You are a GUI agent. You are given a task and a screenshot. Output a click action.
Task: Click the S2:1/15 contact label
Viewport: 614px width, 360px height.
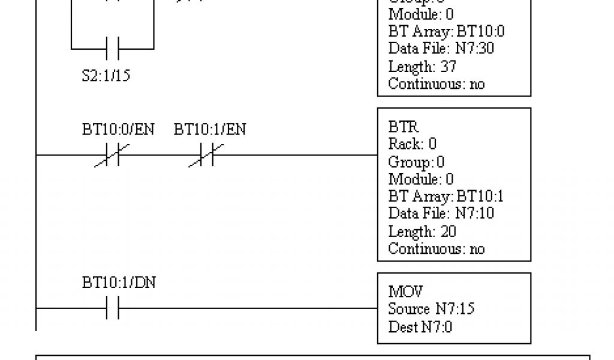pyautogui.click(x=106, y=76)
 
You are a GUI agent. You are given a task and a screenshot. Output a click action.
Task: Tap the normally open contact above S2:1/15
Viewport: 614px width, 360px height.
pyautogui.click(x=112, y=47)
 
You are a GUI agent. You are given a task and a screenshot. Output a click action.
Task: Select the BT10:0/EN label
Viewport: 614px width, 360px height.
pyautogui.click(x=118, y=130)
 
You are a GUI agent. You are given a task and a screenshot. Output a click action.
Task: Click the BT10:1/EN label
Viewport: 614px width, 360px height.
pyautogui.click(x=210, y=130)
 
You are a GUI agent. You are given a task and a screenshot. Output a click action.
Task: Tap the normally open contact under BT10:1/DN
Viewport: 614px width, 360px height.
pyautogui.click(x=112, y=308)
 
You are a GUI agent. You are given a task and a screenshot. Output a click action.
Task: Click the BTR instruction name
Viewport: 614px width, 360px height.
pyautogui.click(x=404, y=127)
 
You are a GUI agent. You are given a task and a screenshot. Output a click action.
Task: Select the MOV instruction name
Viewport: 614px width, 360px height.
pyautogui.click(x=405, y=292)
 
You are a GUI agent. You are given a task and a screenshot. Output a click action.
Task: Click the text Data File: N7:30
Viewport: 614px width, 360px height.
pyautogui.click(x=441, y=48)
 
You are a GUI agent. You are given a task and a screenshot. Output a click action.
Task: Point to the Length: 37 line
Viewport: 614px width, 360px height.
pyautogui.click(x=422, y=66)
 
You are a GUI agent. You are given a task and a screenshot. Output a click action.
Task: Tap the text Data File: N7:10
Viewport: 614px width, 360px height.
pyautogui.click(x=441, y=213)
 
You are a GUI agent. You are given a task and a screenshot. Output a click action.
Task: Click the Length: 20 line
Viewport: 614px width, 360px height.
pyautogui.click(x=422, y=231)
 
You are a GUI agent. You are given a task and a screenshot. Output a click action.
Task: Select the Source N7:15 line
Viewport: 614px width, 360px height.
pyautogui.click(x=432, y=310)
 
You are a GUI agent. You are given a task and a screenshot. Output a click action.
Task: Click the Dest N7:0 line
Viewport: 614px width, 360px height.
pyautogui.click(x=420, y=327)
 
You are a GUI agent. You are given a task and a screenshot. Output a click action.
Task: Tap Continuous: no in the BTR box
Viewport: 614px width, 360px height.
pyautogui.click(x=436, y=248)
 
